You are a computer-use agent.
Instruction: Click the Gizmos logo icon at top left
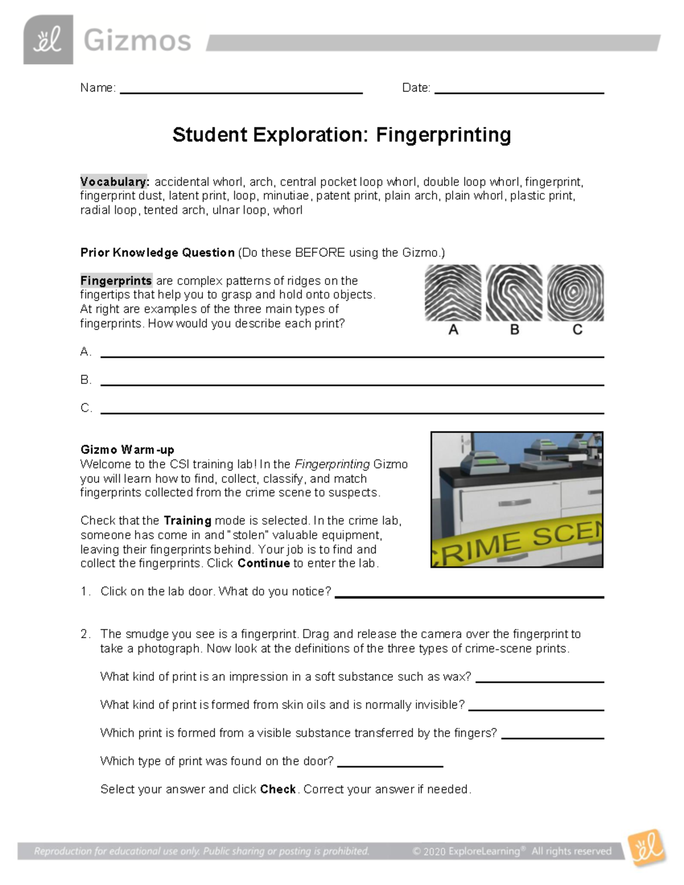point(48,40)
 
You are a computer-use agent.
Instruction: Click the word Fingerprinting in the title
point(443,135)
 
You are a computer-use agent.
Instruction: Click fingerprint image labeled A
point(453,293)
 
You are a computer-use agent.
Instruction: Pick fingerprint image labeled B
point(514,293)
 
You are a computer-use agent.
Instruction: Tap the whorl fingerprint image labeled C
point(575,293)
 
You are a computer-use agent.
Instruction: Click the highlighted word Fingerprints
point(116,281)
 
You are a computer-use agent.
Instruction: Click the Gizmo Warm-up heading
point(127,450)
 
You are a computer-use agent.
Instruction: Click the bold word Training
point(187,520)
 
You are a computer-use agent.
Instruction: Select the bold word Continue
point(264,563)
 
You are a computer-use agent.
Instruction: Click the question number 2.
point(85,634)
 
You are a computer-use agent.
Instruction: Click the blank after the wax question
point(539,679)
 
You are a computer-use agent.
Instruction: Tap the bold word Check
point(278,789)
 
